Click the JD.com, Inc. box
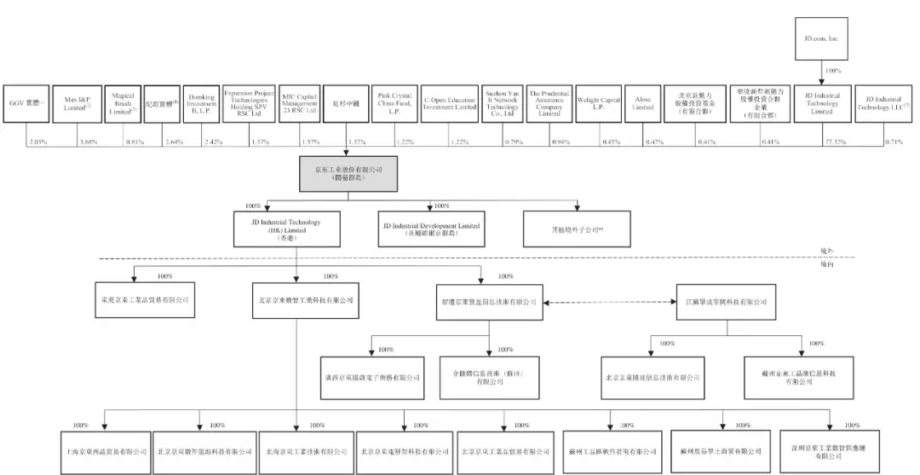click(x=821, y=39)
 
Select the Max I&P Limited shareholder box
click(x=78, y=105)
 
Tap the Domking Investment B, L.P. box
click(x=202, y=105)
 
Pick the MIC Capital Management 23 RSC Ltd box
click(x=300, y=105)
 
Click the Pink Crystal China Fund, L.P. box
click(x=394, y=105)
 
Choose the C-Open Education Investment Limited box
click(x=451, y=105)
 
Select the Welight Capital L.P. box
click(x=598, y=105)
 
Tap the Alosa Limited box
click(x=643, y=105)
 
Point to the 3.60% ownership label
click(x=88, y=142)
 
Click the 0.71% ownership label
click(x=894, y=142)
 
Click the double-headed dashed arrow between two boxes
click(x=609, y=302)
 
